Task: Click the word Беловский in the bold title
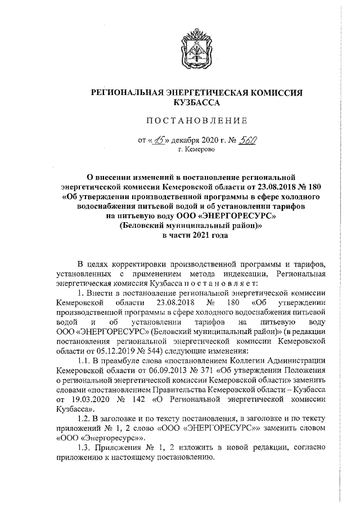point(149,225)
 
